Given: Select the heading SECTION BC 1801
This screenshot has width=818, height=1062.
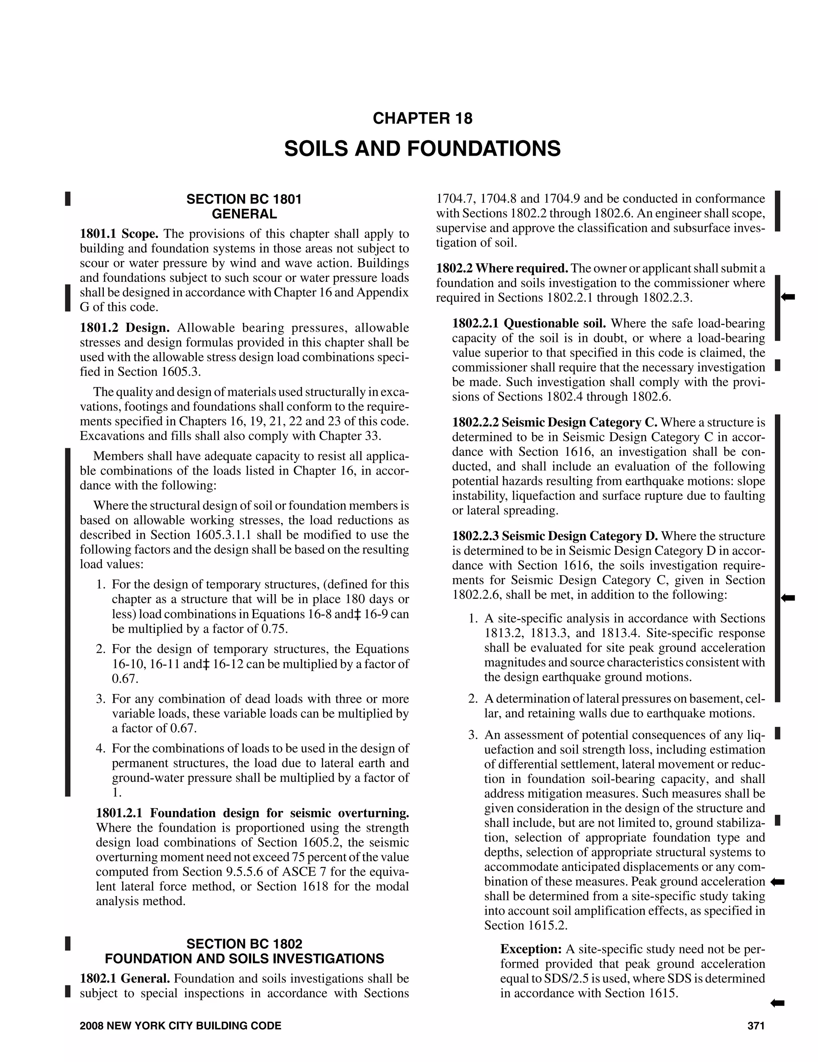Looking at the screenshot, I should (244, 200).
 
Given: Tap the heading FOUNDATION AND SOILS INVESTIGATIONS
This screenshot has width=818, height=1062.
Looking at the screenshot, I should (244, 958).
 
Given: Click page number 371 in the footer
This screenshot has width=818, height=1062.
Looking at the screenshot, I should (756, 1026).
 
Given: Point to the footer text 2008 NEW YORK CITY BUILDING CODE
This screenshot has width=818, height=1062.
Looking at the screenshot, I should (180, 1026).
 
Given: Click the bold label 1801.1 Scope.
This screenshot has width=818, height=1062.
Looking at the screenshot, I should (119, 234).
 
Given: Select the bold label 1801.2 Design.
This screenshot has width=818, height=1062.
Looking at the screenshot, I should (125, 328).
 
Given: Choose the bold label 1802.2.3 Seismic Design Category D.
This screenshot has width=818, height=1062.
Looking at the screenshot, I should (555, 536).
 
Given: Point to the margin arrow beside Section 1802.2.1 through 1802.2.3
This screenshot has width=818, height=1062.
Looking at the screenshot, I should (788, 297).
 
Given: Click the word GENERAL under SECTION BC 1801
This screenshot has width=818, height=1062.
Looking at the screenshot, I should (244, 214).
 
